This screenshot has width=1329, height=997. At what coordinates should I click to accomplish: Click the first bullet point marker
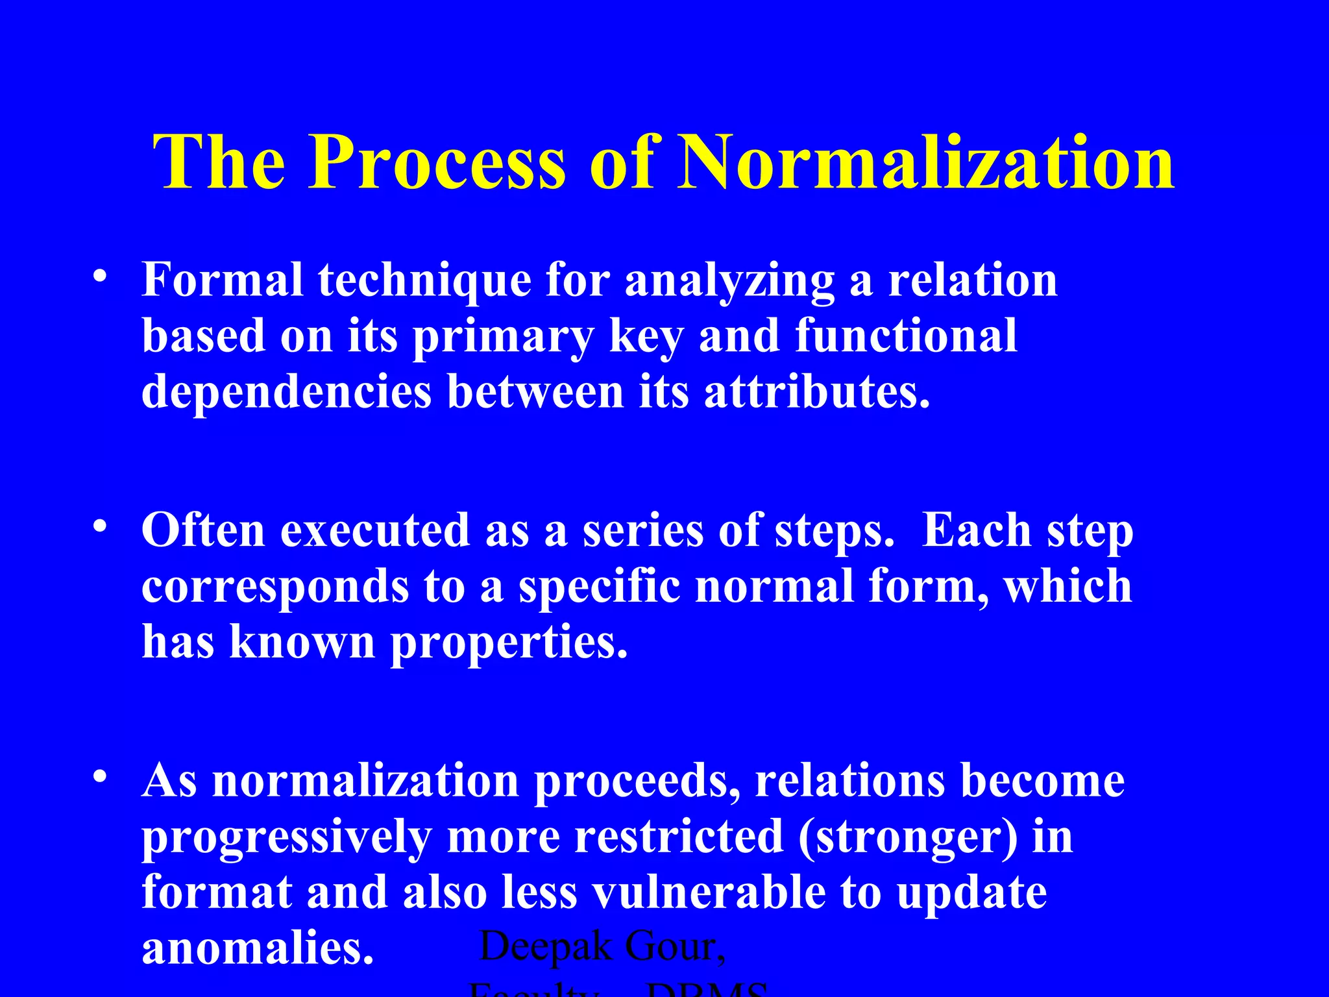click(x=99, y=277)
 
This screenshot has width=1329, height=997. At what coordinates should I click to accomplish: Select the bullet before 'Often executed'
click(x=99, y=526)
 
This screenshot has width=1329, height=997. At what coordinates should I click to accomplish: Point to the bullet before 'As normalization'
click(x=99, y=776)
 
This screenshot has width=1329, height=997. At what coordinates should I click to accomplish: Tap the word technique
click(x=424, y=280)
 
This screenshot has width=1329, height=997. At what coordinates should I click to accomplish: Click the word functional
click(x=906, y=336)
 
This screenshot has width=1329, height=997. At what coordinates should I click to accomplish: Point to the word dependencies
click(x=286, y=393)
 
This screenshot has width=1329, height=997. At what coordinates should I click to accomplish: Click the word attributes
click(x=817, y=393)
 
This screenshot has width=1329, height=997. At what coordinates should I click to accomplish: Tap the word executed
click(x=374, y=530)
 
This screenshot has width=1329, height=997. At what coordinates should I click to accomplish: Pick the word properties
click(x=509, y=643)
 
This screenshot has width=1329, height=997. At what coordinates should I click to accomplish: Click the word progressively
click(x=286, y=837)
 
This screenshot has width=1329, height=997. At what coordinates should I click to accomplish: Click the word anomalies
click(x=258, y=948)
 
